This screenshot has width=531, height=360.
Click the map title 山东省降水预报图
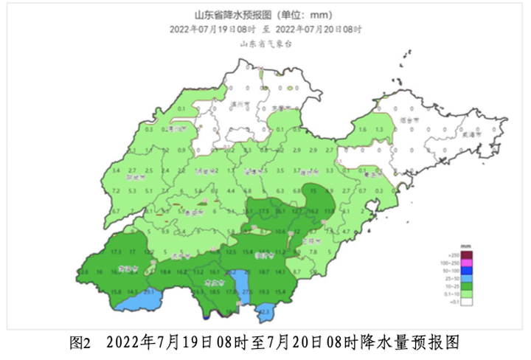pos(235,15)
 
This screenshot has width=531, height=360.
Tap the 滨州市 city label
pos(240,105)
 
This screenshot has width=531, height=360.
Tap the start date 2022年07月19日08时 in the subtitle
pos(212,30)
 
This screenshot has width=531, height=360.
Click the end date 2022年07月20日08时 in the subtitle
pos(319,30)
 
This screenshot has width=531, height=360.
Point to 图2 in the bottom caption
pos(79,343)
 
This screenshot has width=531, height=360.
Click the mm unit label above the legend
pos(466,244)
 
